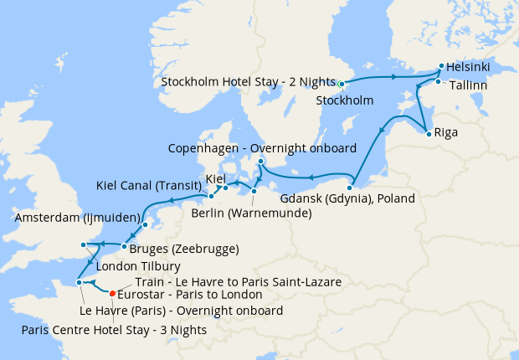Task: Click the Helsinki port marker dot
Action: (x=441, y=65)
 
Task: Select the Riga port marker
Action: (x=429, y=133)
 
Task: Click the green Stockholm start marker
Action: (x=342, y=84)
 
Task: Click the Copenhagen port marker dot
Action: (x=260, y=161)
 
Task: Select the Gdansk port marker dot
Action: (x=350, y=186)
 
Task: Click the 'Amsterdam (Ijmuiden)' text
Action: (x=77, y=217)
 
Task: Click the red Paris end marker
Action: (x=113, y=293)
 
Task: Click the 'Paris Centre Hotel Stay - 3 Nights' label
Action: (x=115, y=329)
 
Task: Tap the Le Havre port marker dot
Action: (x=80, y=283)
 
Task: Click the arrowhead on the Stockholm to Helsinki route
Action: (x=393, y=77)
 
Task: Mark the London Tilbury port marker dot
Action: (x=83, y=244)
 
